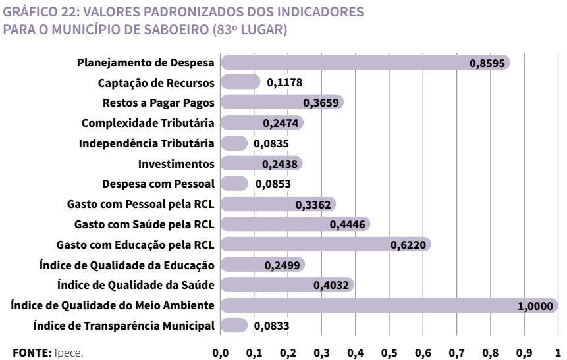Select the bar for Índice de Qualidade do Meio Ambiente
pyautogui.click(x=389, y=305)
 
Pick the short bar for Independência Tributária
pyautogui.click(x=234, y=143)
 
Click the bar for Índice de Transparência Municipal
pyautogui.click(x=234, y=325)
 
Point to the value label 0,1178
pyautogui.click(x=284, y=83)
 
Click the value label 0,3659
pyautogui.click(x=320, y=103)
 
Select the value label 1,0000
pyautogui.click(x=535, y=306)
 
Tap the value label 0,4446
pyautogui.click(x=346, y=225)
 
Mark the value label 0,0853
pyautogui.click(x=272, y=184)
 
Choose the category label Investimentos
pyautogui.click(x=176, y=164)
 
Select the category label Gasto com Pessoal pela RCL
pyautogui.click(x=142, y=204)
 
